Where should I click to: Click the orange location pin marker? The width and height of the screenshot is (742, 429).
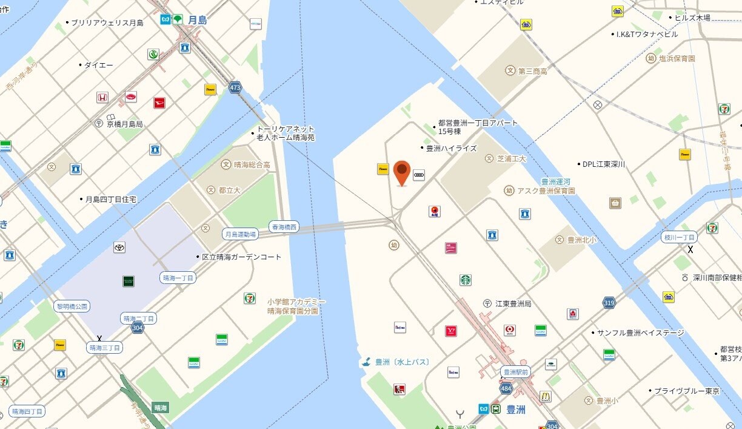(401, 172)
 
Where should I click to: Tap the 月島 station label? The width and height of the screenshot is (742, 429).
(197, 20)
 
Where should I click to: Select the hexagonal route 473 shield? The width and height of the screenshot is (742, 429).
(235, 88)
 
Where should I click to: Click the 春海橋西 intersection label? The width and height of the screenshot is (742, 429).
(284, 227)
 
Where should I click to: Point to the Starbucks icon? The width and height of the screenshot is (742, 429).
(465, 280)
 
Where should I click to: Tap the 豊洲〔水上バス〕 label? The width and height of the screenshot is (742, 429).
(402, 362)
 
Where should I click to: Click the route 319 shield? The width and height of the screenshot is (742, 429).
(609, 302)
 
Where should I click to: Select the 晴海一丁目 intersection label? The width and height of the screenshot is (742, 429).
(178, 278)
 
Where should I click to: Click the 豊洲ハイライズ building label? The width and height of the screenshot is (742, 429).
(452, 148)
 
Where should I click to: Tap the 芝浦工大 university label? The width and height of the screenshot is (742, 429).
(511, 158)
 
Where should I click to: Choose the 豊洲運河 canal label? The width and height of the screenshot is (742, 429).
(556, 181)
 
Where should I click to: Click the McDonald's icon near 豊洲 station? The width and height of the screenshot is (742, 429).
(546, 396)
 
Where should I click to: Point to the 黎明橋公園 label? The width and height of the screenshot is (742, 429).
(73, 306)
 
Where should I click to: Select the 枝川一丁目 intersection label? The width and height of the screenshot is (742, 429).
(679, 237)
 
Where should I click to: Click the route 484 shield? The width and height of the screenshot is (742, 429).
(506, 388)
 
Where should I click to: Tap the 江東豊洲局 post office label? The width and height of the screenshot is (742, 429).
(512, 303)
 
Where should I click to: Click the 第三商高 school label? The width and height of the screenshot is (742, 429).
(532, 71)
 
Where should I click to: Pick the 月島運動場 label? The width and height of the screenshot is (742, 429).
(241, 234)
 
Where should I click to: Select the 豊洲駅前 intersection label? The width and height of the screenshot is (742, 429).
(515, 371)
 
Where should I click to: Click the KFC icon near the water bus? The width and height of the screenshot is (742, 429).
(399, 389)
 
